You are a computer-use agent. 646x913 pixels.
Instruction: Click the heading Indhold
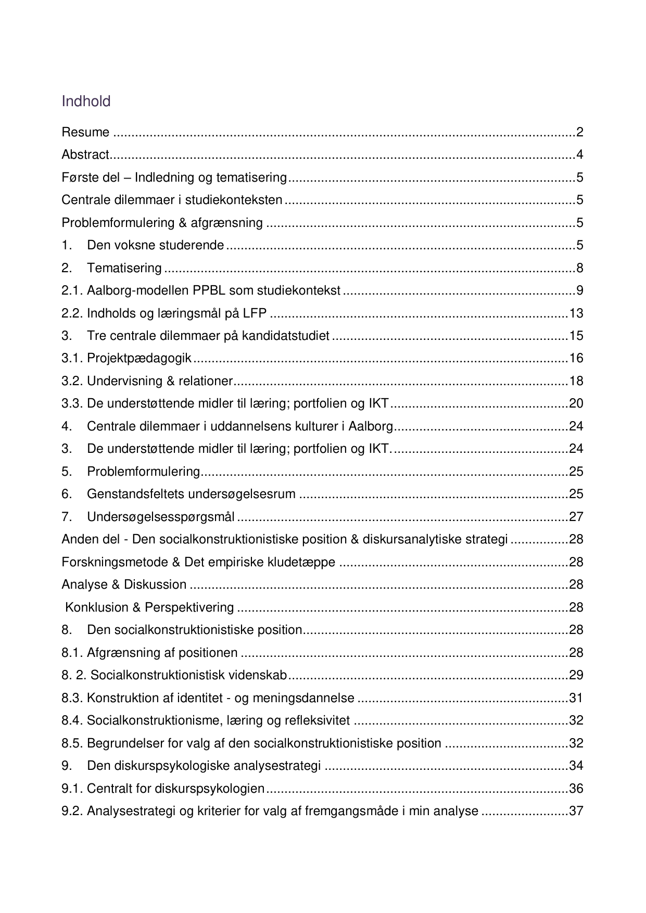click(86, 101)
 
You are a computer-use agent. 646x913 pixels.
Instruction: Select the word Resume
click(85, 132)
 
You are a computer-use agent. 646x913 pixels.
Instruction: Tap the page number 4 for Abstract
click(579, 155)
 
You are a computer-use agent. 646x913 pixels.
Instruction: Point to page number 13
click(576, 313)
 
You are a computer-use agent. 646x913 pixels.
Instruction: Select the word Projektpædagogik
click(139, 358)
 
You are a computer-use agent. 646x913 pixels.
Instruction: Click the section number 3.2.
click(72, 381)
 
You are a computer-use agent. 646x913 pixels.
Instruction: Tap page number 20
click(576, 403)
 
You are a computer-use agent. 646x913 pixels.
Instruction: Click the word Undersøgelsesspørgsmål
click(160, 517)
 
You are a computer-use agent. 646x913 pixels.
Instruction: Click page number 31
click(576, 698)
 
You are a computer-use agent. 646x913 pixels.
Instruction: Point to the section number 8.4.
click(72, 720)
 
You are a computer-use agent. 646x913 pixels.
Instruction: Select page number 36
click(576, 789)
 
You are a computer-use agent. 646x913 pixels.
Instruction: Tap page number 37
click(576, 811)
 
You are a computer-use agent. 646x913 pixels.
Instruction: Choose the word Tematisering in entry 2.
click(124, 268)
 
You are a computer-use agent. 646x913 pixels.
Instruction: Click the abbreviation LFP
click(255, 313)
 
